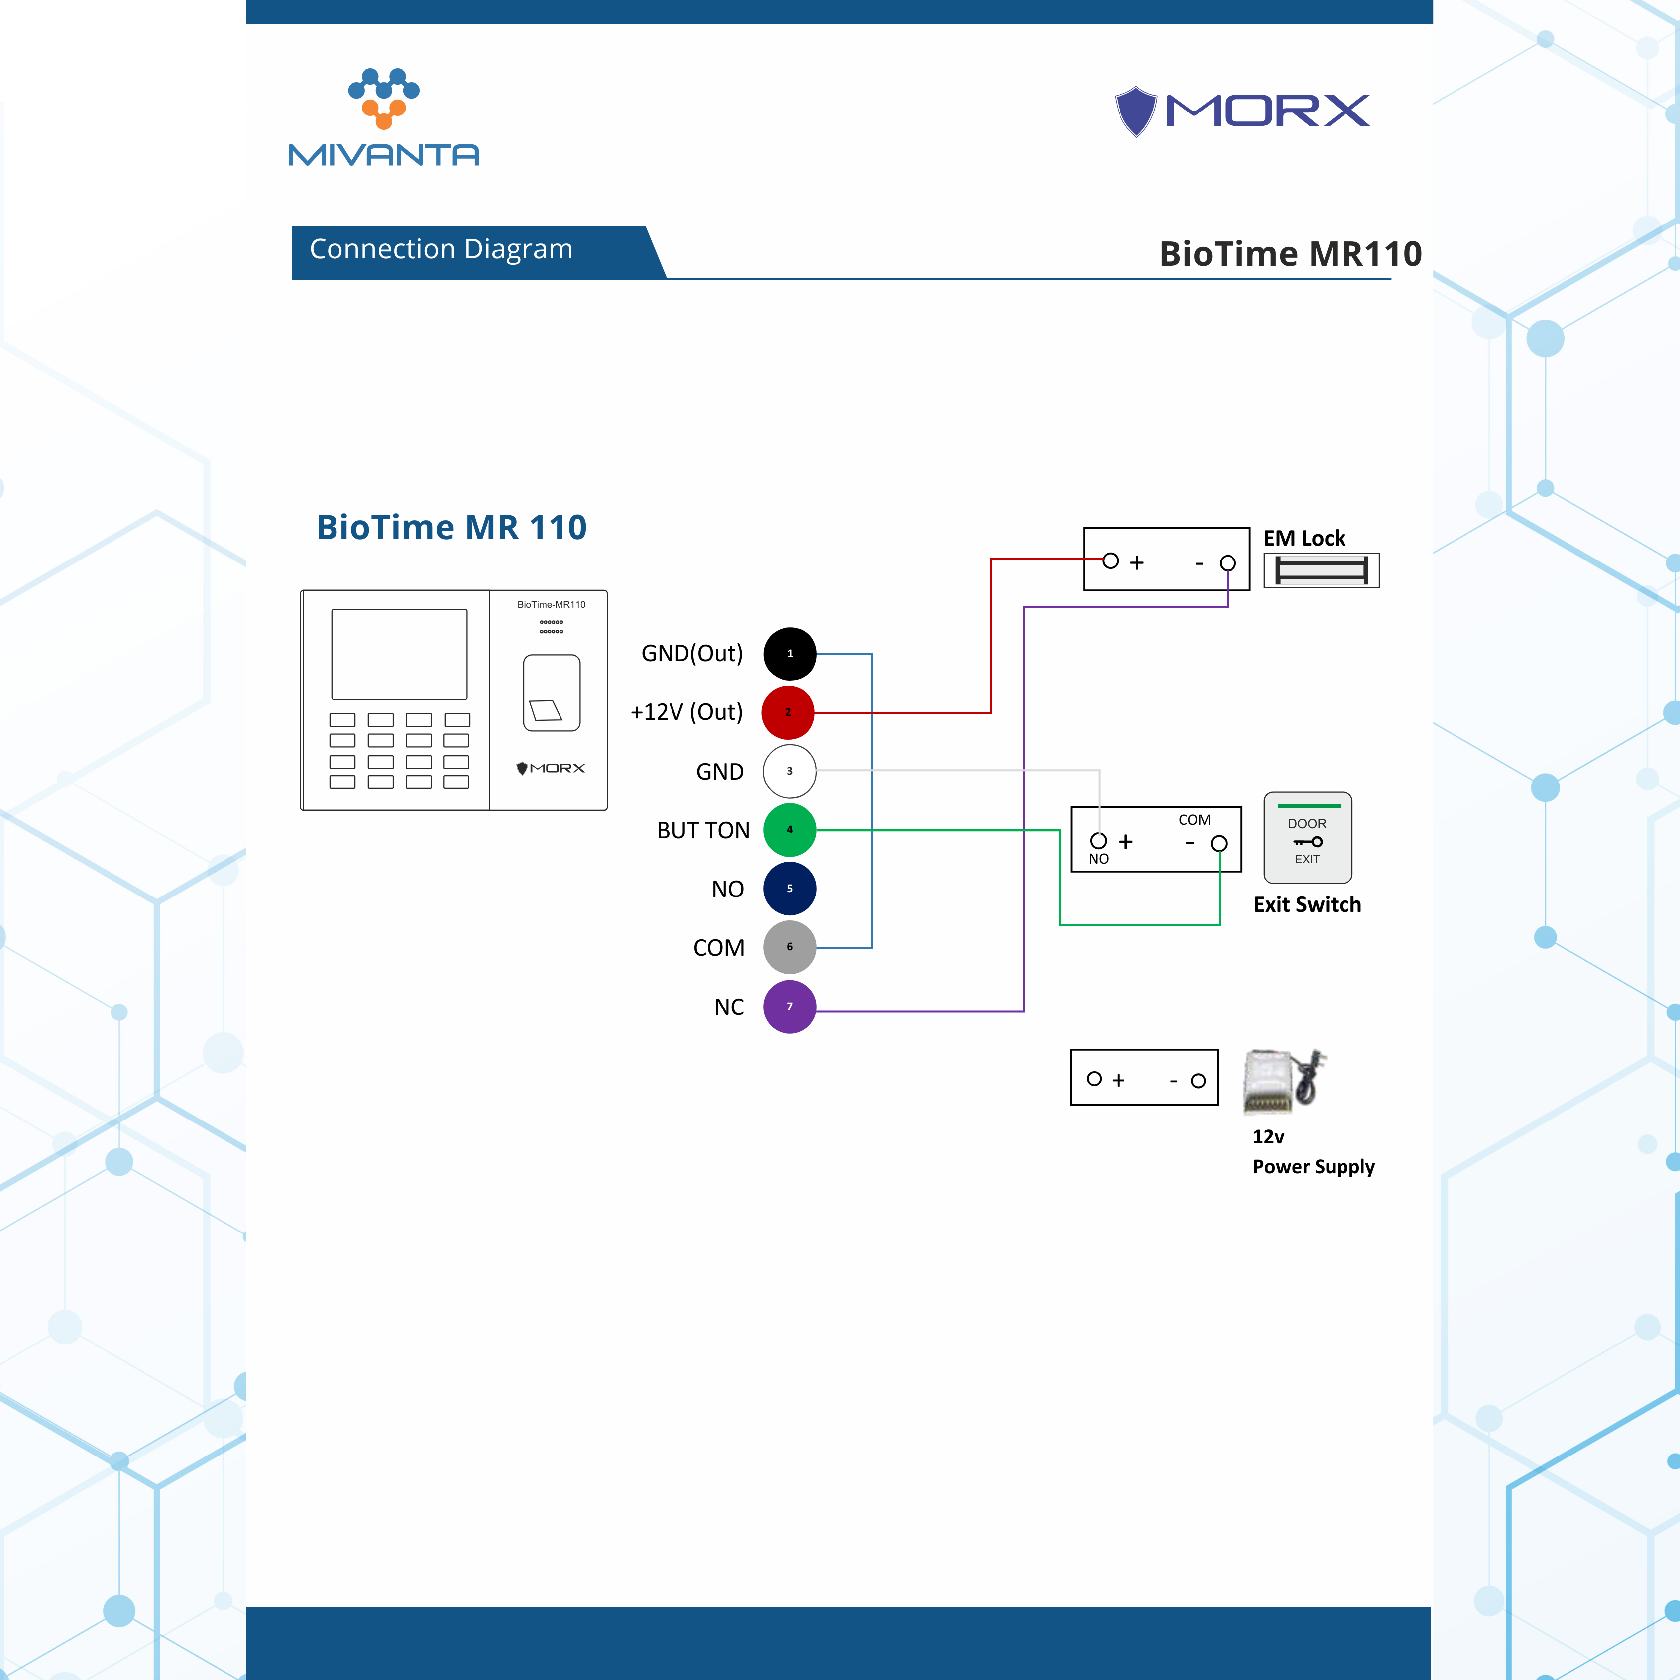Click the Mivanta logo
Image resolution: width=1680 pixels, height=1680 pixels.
click(383, 117)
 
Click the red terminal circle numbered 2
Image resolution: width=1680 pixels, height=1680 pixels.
click(788, 712)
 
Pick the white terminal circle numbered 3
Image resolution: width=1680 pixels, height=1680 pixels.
click(789, 771)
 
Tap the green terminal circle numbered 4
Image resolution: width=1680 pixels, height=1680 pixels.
click(789, 830)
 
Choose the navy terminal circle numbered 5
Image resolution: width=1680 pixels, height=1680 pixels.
click(789, 889)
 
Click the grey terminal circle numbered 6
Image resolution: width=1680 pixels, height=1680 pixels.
click(789, 947)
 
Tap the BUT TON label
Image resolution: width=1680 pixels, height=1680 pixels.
click(702, 830)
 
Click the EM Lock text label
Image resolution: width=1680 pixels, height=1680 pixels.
click(1304, 538)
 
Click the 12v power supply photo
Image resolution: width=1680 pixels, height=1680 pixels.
click(1283, 1081)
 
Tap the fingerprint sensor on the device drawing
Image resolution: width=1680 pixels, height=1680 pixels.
click(552, 693)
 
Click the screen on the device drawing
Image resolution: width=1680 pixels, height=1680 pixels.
click(399, 654)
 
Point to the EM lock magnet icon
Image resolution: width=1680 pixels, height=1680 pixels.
click(1321, 570)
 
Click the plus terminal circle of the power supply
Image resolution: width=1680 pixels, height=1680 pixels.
click(1094, 1079)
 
